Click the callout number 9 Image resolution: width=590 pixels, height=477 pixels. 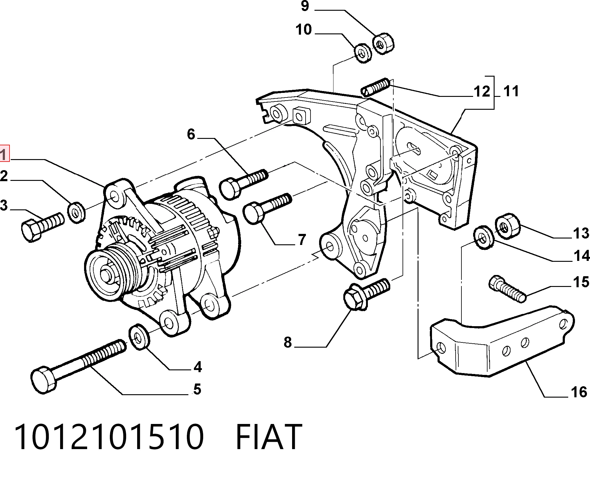pyautogui.click(x=305, y=6)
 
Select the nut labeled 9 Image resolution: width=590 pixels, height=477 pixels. pyautogui.click(x=383, y=44)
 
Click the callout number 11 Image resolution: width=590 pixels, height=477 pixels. pyautogui.click(x=511, y=91)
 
